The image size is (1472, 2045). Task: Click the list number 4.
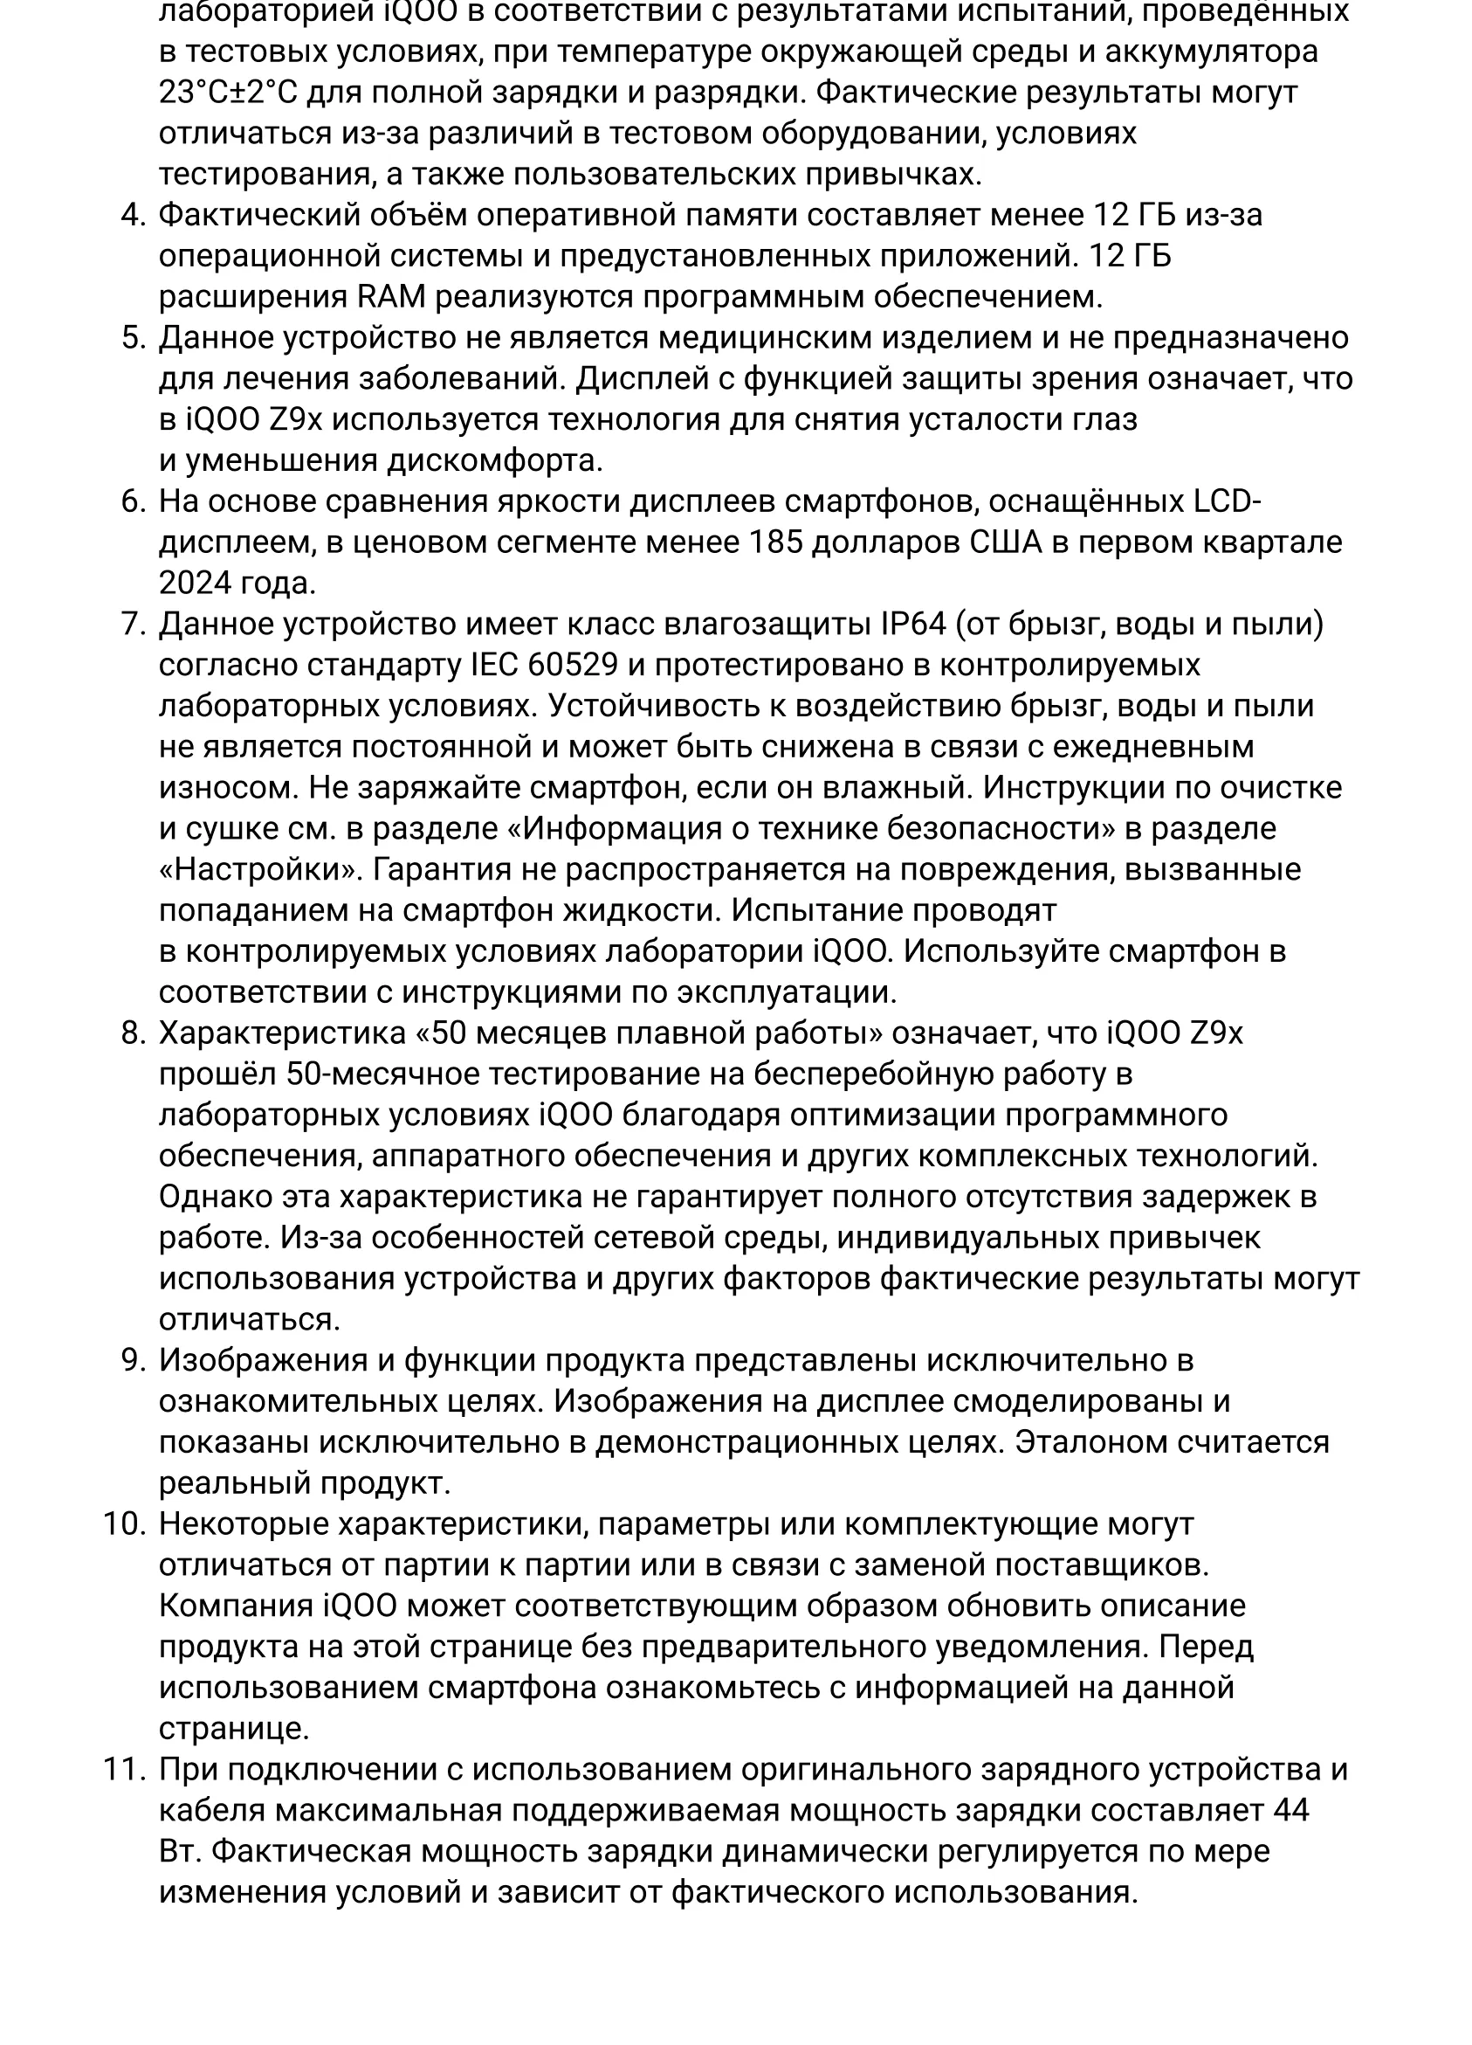point(132,216)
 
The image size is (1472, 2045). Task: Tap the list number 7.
point(132,624)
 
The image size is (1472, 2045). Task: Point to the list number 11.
point(123,1769)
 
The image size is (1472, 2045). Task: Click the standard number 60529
point(573,666)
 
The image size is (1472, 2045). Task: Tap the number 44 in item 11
point(1290,1811)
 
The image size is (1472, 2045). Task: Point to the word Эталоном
point(1090,1441)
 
